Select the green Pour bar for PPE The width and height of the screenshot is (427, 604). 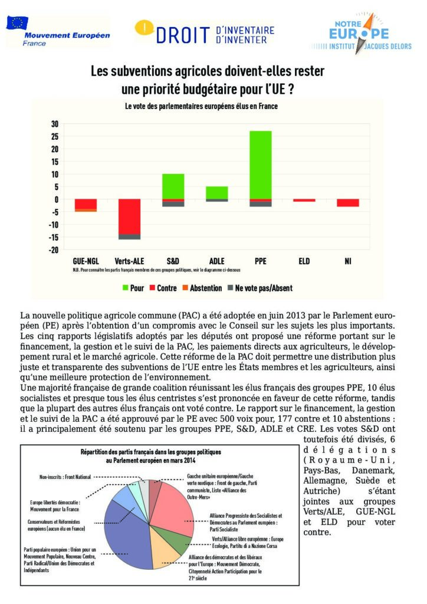pyautogui.click(x=260, y=165)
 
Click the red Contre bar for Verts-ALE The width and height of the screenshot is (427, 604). pyautogui.click(x=129, y=216)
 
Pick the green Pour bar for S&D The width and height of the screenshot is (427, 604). pyautogui.click(x=173, y=186)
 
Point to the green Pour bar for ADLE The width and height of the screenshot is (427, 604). pyautogui.click(x=216, y=192)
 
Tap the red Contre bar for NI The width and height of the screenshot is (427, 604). pyautogui.click(x=347, y=202)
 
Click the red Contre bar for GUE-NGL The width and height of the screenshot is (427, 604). pyautogui.click(x=86, y=203)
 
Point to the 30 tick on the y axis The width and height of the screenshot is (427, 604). pyautogui.click(x=54, y=124)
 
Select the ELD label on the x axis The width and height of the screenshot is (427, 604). pyautogui.click(x=304, y=261)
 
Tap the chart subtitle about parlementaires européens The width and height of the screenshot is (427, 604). pyautogui.click(x=201, y=107)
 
